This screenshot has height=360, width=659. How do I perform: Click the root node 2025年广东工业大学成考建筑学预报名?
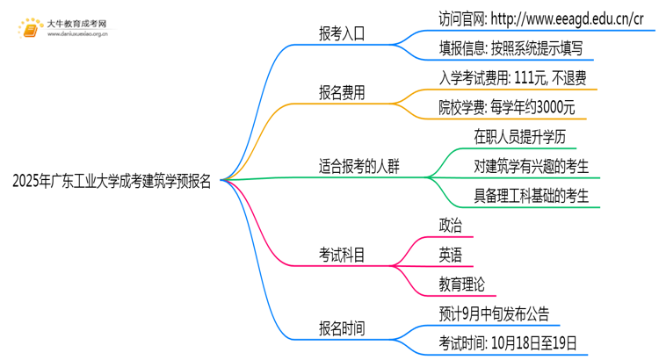(112, 182)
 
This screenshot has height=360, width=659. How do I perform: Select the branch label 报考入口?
(342, 34)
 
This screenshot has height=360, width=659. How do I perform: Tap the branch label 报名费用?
(342, 92)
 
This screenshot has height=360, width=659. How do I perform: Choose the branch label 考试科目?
(342, 256)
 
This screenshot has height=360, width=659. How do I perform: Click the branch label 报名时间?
(342, 328)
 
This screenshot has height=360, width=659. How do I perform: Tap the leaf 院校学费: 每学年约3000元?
(507, 107)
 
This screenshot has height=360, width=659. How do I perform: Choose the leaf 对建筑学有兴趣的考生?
(531, 165)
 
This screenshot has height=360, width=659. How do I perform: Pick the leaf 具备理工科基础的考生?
(531, 194)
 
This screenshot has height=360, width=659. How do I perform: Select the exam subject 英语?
(450, 255)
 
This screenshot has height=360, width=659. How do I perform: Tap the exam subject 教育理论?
(461, 284)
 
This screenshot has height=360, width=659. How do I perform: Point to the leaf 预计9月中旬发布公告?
(495, 313)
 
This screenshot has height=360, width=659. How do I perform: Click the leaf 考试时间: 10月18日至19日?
(508, 342)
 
